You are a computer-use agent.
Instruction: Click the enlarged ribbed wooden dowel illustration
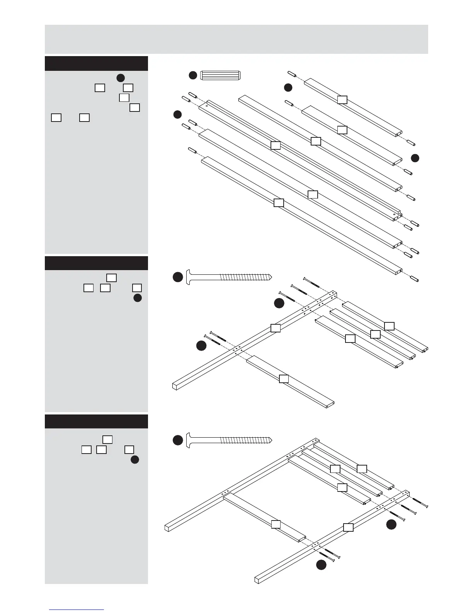221,75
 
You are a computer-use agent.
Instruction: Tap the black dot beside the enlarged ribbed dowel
193,75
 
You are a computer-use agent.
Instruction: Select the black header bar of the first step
96,63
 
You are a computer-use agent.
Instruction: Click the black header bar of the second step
96,263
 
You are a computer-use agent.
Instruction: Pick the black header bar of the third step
96,421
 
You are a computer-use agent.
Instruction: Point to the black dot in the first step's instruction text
121,78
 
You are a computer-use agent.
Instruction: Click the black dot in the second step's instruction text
138,298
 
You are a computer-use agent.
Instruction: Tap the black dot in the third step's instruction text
135,460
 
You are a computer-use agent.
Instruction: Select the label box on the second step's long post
275,328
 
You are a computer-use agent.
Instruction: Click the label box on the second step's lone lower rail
284,379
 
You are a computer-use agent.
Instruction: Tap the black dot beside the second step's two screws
201,346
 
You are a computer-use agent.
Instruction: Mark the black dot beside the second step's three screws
279,304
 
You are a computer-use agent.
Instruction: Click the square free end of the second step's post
174,386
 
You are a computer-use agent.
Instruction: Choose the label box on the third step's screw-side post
348,527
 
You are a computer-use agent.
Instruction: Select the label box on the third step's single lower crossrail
276,524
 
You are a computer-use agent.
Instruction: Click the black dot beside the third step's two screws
321,565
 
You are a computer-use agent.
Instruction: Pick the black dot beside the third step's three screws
391,524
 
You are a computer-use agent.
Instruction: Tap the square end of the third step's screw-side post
257,579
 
